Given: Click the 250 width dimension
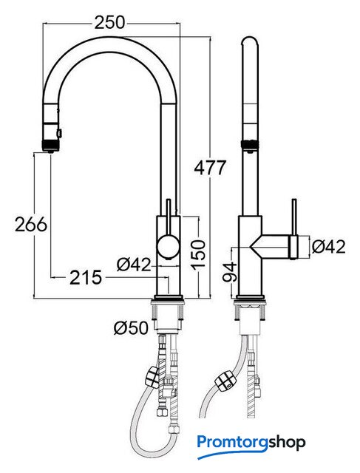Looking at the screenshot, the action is [109, 23].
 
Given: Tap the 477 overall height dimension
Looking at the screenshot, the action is [210, 168].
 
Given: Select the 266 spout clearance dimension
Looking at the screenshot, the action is [31, 224].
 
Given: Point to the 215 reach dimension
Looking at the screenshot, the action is [86, 278].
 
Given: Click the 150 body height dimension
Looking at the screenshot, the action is [198, 254].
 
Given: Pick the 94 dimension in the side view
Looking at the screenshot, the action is [230, 272].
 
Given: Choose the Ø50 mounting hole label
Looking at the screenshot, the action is [132, 327].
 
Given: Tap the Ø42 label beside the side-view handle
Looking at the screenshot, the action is [328, 247].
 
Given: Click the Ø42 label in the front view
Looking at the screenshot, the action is [134, 265].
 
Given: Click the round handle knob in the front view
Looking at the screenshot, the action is [168, 246].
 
